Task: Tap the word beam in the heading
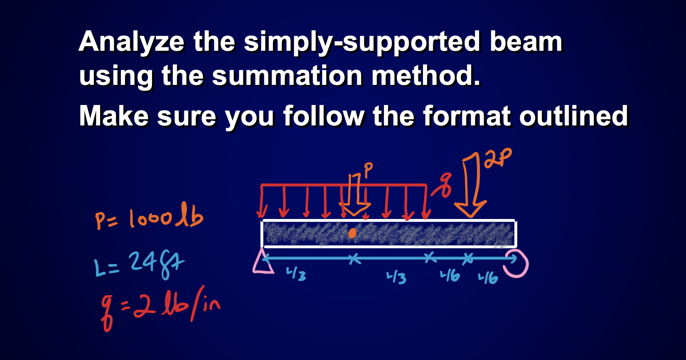(526, 41)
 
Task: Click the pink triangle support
(262, 262)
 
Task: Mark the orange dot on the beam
(352, 233)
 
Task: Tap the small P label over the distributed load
(368, 169)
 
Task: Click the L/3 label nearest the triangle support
(296, 274)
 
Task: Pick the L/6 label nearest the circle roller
(488, 278)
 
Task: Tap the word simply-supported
(362, 42)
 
